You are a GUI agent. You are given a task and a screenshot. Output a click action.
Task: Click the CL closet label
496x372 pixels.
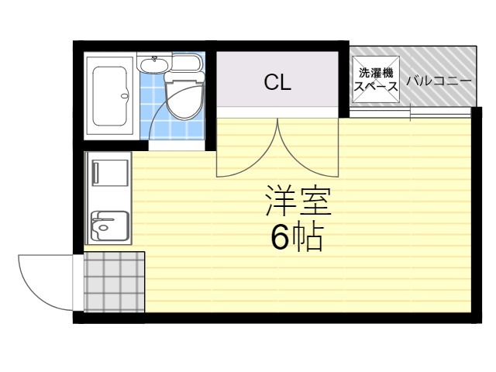[x=277, y=83]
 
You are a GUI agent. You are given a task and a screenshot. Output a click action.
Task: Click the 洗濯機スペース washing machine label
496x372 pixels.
[x=376, y=81]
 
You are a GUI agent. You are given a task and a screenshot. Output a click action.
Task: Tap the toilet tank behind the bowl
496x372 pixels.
[x=186, y=64]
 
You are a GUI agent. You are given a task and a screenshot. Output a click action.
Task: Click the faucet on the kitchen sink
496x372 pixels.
[x=95, y=226]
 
